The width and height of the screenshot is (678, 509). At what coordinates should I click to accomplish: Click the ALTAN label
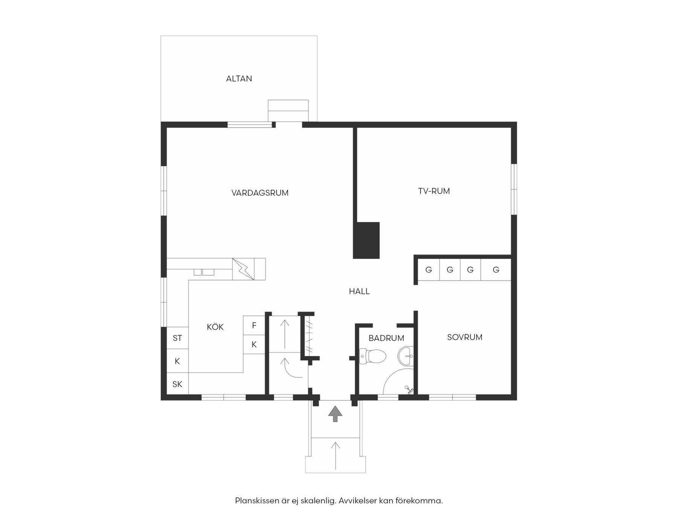pyautogui.click(x=239, y=79)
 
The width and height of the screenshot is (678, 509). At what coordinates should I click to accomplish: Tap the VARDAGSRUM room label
pyautogui.click(x=260, y=193)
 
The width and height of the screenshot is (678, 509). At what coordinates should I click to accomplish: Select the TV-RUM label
pyautogui.click(x=434, y=191)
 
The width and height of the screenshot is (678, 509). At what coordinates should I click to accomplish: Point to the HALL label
pyautogui.click(x=359, y=291)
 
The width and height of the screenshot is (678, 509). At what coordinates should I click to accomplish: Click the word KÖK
pyautogui.click(x=215, y=327)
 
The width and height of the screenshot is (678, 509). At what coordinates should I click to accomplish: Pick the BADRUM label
pyautogui.click(x=386, y=338)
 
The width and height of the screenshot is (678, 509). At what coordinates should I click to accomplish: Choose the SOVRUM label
pyautogui.click(x=465, y=337)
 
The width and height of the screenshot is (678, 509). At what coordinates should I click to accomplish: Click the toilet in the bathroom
pyautogui.click(x=373, y=356)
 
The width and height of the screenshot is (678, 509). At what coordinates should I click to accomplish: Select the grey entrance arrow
pyautogui.click(x=335, y=414)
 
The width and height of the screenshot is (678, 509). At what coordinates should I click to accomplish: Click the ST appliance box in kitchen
pyautogui.click(x=177, y=338)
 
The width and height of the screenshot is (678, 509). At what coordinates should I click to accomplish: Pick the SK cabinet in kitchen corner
pyautogui.click(x=177, y=384)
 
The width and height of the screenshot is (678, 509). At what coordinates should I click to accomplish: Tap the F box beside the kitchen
pyautogui.click(x=254, y=325)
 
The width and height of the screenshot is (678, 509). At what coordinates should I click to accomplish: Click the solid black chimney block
pyautogui.click(x=366, y=240)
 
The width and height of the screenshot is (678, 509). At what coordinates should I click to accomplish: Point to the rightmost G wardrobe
pyautogui.click(x=496, y=270)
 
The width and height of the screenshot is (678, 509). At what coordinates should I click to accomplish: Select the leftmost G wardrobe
pyautogui.click(x=429, y=270)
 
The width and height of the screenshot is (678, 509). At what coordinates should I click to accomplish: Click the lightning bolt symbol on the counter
pyautogui.click(x=243, y=269)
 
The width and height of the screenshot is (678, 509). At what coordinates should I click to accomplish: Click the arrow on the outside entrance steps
pyautogui.click(x=335, y=456)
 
